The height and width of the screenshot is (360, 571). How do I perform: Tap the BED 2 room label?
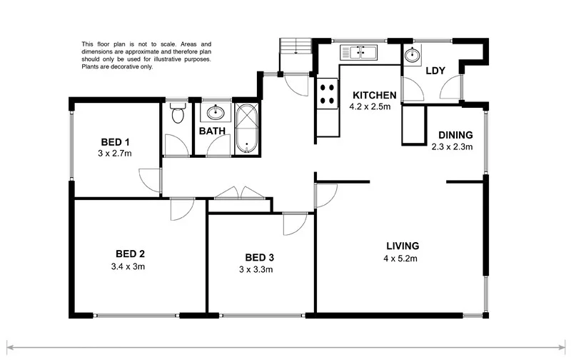click(x=131, y=254)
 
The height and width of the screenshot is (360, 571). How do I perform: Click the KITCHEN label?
click(x=373, y=96)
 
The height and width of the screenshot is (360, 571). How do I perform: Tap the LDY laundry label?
click(x=435, y=71)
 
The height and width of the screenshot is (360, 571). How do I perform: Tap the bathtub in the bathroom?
click(x=247, y=129)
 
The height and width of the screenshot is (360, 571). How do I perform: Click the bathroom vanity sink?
click(x=213, y=112)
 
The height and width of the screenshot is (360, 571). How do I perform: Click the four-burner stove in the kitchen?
click(x=328, y=94)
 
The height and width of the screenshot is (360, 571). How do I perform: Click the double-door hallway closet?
click(x=238, y=194)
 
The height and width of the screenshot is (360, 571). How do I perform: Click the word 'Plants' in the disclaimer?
click(x=91, y=68)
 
